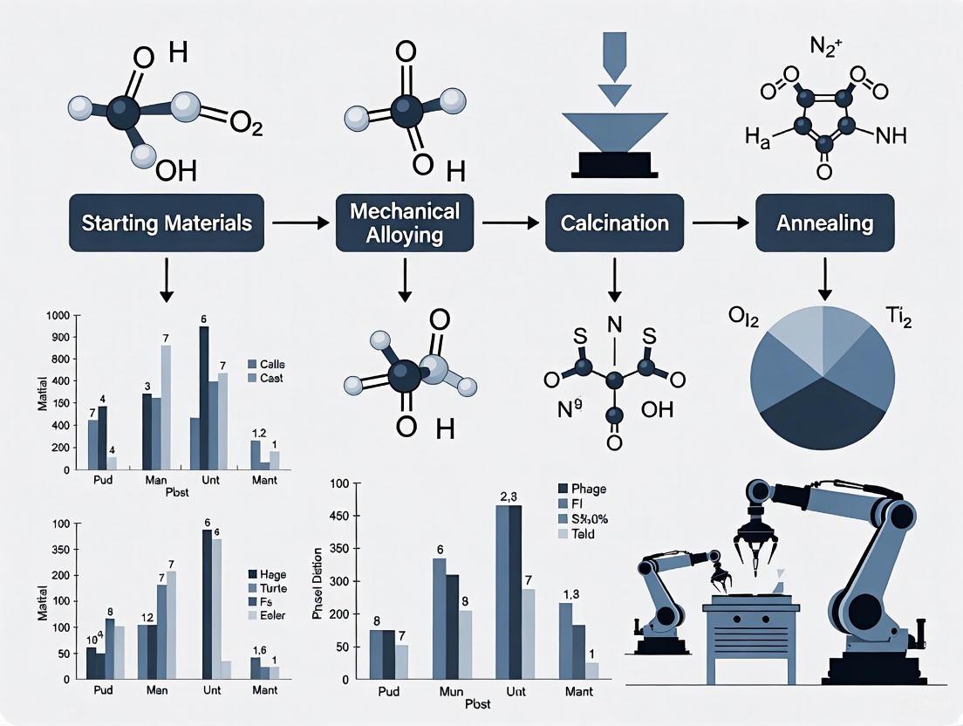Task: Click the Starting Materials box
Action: point(166,223)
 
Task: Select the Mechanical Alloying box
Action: point(404,223)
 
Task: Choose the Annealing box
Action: point(824,223)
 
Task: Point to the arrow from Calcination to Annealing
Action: point(721,223)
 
